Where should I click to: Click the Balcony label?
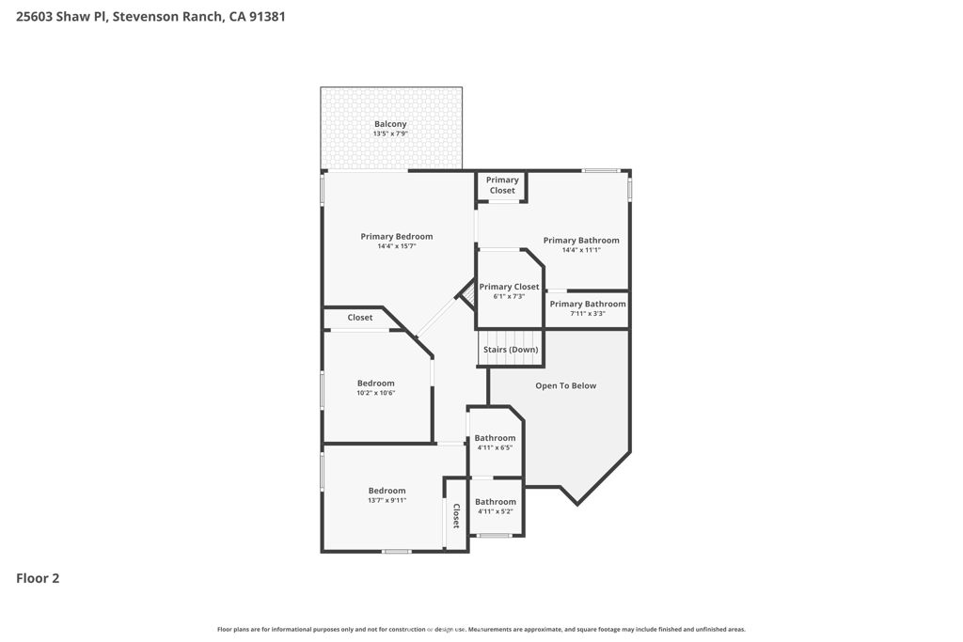pos(390,124)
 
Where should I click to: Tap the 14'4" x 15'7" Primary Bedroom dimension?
pos(397,246)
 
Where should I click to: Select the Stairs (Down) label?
pos(511,350)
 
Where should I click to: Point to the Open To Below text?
pos(565,385)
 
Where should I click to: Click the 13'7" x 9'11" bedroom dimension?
pos(387,500)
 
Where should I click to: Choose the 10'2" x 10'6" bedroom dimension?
pos(376,393)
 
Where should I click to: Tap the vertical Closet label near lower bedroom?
pos(456,515)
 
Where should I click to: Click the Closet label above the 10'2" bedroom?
pos(360,318)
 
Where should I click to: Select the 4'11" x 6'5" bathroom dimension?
pos(495,447)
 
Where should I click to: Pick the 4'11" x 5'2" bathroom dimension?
pos(496,511)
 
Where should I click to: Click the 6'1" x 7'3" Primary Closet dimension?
pos(509,296)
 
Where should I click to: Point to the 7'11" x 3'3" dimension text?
pos(588,314)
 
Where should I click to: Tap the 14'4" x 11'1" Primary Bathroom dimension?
pos(581,250)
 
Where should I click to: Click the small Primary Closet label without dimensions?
pos(502,185)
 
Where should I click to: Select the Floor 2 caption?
pos(38,578)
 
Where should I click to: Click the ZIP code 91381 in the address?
pos(266,17)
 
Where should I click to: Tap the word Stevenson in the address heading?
pos(146,17)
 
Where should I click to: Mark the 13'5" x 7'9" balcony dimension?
pos(390,133)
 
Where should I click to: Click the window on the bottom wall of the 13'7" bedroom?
pos(396,551)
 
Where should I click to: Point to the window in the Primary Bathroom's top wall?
pos(601,170)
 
